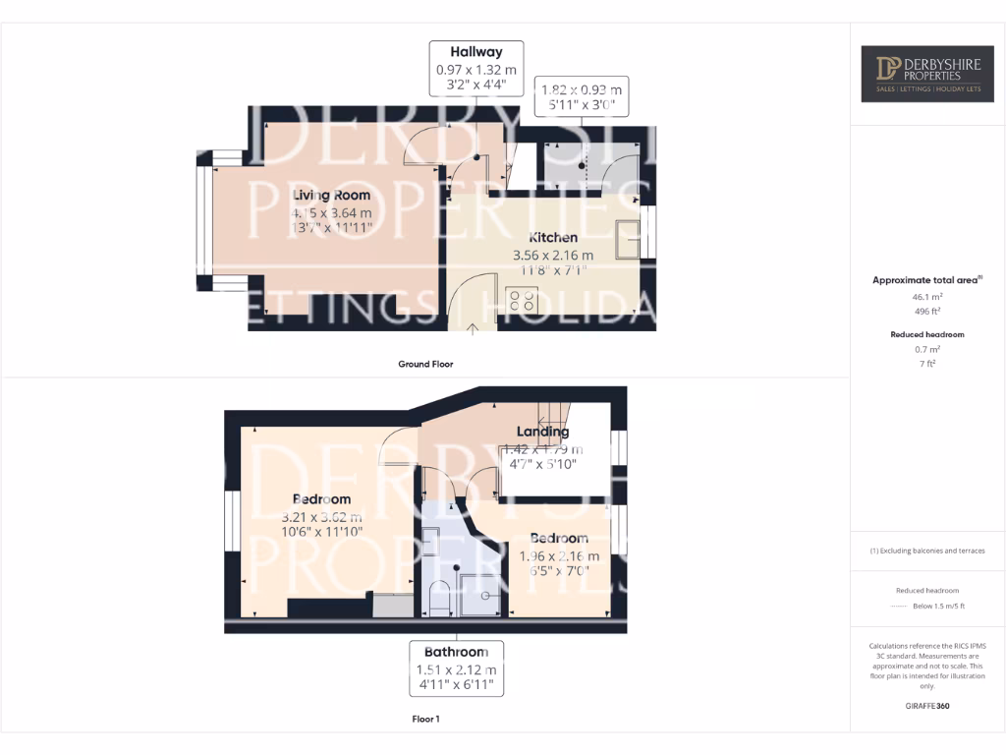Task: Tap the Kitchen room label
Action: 553,237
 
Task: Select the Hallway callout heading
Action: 476,51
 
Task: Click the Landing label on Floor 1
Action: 542,431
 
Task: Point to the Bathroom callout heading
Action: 456,652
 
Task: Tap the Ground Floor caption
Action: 425,364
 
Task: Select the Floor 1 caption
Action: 425,719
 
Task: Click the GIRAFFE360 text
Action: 926,705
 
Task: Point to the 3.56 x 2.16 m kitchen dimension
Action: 553,255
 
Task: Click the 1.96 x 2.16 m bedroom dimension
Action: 558,555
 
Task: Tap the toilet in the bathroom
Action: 439,598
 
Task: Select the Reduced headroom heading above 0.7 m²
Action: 926,334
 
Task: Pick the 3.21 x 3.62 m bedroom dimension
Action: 321,517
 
